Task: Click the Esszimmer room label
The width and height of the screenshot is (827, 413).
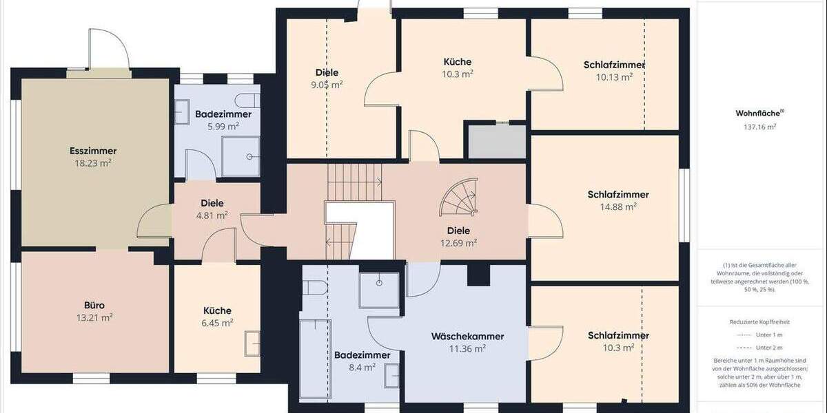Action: pos(93,151)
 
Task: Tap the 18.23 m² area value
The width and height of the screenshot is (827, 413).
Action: pos(93,163)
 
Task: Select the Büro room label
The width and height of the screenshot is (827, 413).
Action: pos(93,305)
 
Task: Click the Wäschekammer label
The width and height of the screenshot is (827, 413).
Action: pos(467,337)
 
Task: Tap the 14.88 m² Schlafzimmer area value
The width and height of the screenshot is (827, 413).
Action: pos(618,206)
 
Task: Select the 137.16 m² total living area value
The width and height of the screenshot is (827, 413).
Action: pos(759,127)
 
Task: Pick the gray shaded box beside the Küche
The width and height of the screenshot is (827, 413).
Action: pos(496,141)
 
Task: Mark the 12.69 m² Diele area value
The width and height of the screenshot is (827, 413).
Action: pos(458,242)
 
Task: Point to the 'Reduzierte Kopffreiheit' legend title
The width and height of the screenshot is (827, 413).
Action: pos(759,321)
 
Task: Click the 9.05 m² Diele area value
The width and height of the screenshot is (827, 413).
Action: pos(327,85)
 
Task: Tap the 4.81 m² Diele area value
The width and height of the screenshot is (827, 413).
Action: pos(212,215)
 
